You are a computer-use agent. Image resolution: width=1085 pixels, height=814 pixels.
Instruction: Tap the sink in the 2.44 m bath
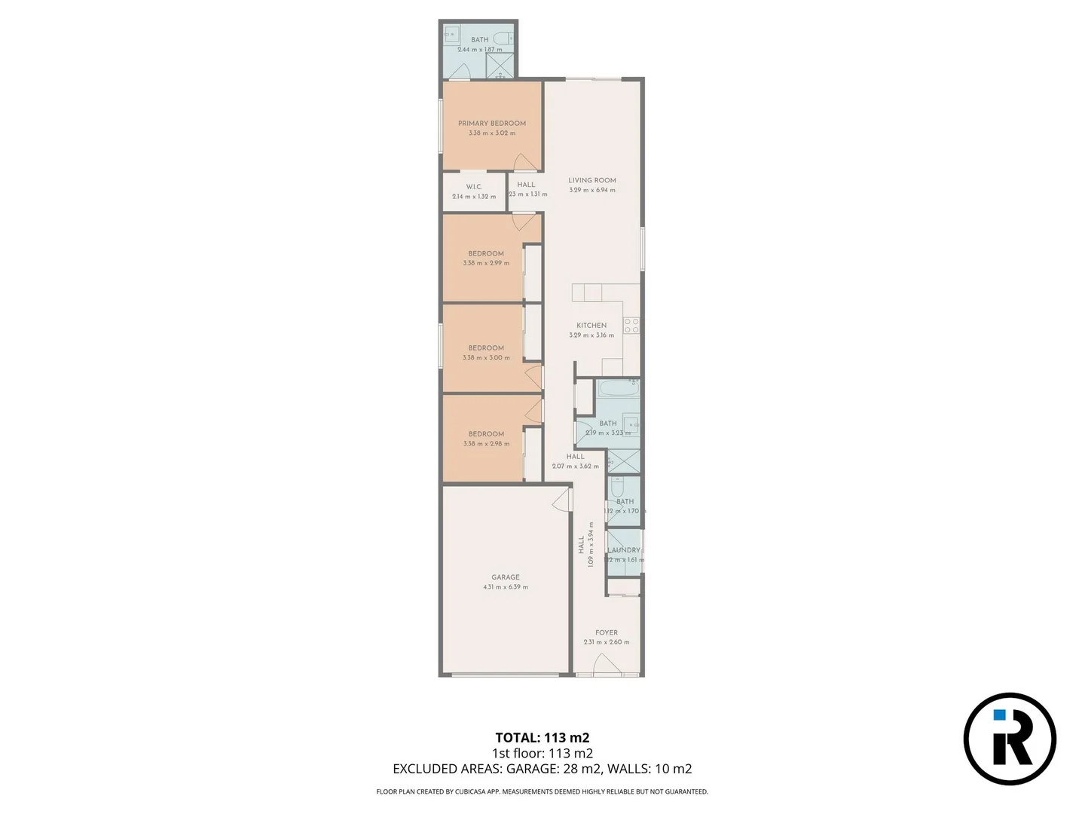pyautogui.click(x=451, y=33)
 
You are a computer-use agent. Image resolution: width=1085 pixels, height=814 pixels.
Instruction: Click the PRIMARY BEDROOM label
pyautogui.click(x=492, y=123)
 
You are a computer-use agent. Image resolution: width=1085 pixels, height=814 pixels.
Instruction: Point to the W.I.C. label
pyautogui.click(x=474, y=187)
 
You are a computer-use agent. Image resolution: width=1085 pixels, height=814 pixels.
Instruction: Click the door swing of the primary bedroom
pyautogui.click(x=524, y=163)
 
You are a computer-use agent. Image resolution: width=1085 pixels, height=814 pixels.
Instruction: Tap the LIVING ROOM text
pyautogui.click(x=592, y=180)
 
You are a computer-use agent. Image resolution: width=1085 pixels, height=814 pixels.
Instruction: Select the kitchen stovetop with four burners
pyautogui.click(x=631, y=326)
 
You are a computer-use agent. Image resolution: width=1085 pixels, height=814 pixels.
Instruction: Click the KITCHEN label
pyautogui.click(x=591, y=326)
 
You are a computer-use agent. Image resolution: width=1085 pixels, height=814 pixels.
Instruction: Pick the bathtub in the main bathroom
pyautogui.click(x=619, y=389)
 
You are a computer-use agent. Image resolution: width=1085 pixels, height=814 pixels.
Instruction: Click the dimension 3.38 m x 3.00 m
pyautogui.click(x=486, y=358)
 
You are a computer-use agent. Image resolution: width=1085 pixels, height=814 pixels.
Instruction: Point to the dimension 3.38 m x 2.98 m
pyautogui.click(x=486, y=444)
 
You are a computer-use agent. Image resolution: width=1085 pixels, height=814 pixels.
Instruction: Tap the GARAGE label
pyautogui.click(x=506, y=577)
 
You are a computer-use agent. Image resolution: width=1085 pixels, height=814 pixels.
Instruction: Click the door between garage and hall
pyautogui.click(x=562, y=500)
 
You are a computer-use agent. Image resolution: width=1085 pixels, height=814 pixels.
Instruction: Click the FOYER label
pyautogui.click(x=607, y=633)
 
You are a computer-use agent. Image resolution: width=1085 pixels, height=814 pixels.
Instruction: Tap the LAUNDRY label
pyautogui.click(x=625, y=550)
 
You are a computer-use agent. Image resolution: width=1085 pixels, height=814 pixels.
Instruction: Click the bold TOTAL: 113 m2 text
pyautogui.click(x=542, y=738)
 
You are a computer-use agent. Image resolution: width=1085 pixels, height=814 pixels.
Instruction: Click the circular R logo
pyautogui.click(x=1010, y=739)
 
